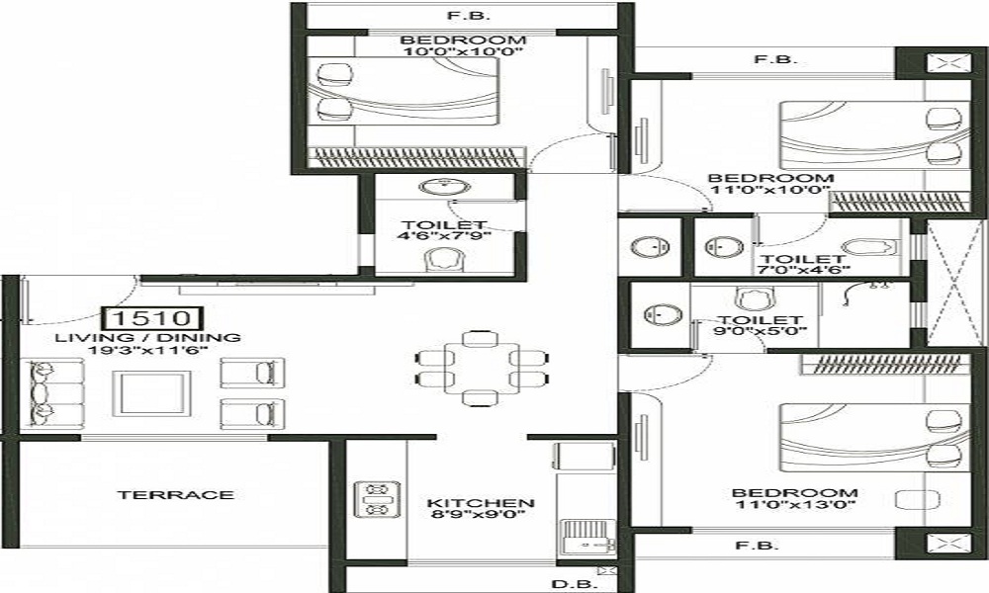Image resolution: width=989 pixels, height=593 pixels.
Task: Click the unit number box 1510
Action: coord(153,318)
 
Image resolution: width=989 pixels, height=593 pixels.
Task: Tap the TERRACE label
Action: coord(175,494)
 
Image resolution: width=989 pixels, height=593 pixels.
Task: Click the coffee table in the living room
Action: coord(150,392)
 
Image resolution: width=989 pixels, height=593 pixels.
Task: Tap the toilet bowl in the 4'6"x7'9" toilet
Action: coord(441,259)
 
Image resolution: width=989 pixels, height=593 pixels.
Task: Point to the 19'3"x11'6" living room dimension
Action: coord(147,350)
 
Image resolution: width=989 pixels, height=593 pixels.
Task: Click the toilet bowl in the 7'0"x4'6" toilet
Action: coord(875,248)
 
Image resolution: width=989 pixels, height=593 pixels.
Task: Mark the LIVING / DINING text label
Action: coord(147,337)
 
